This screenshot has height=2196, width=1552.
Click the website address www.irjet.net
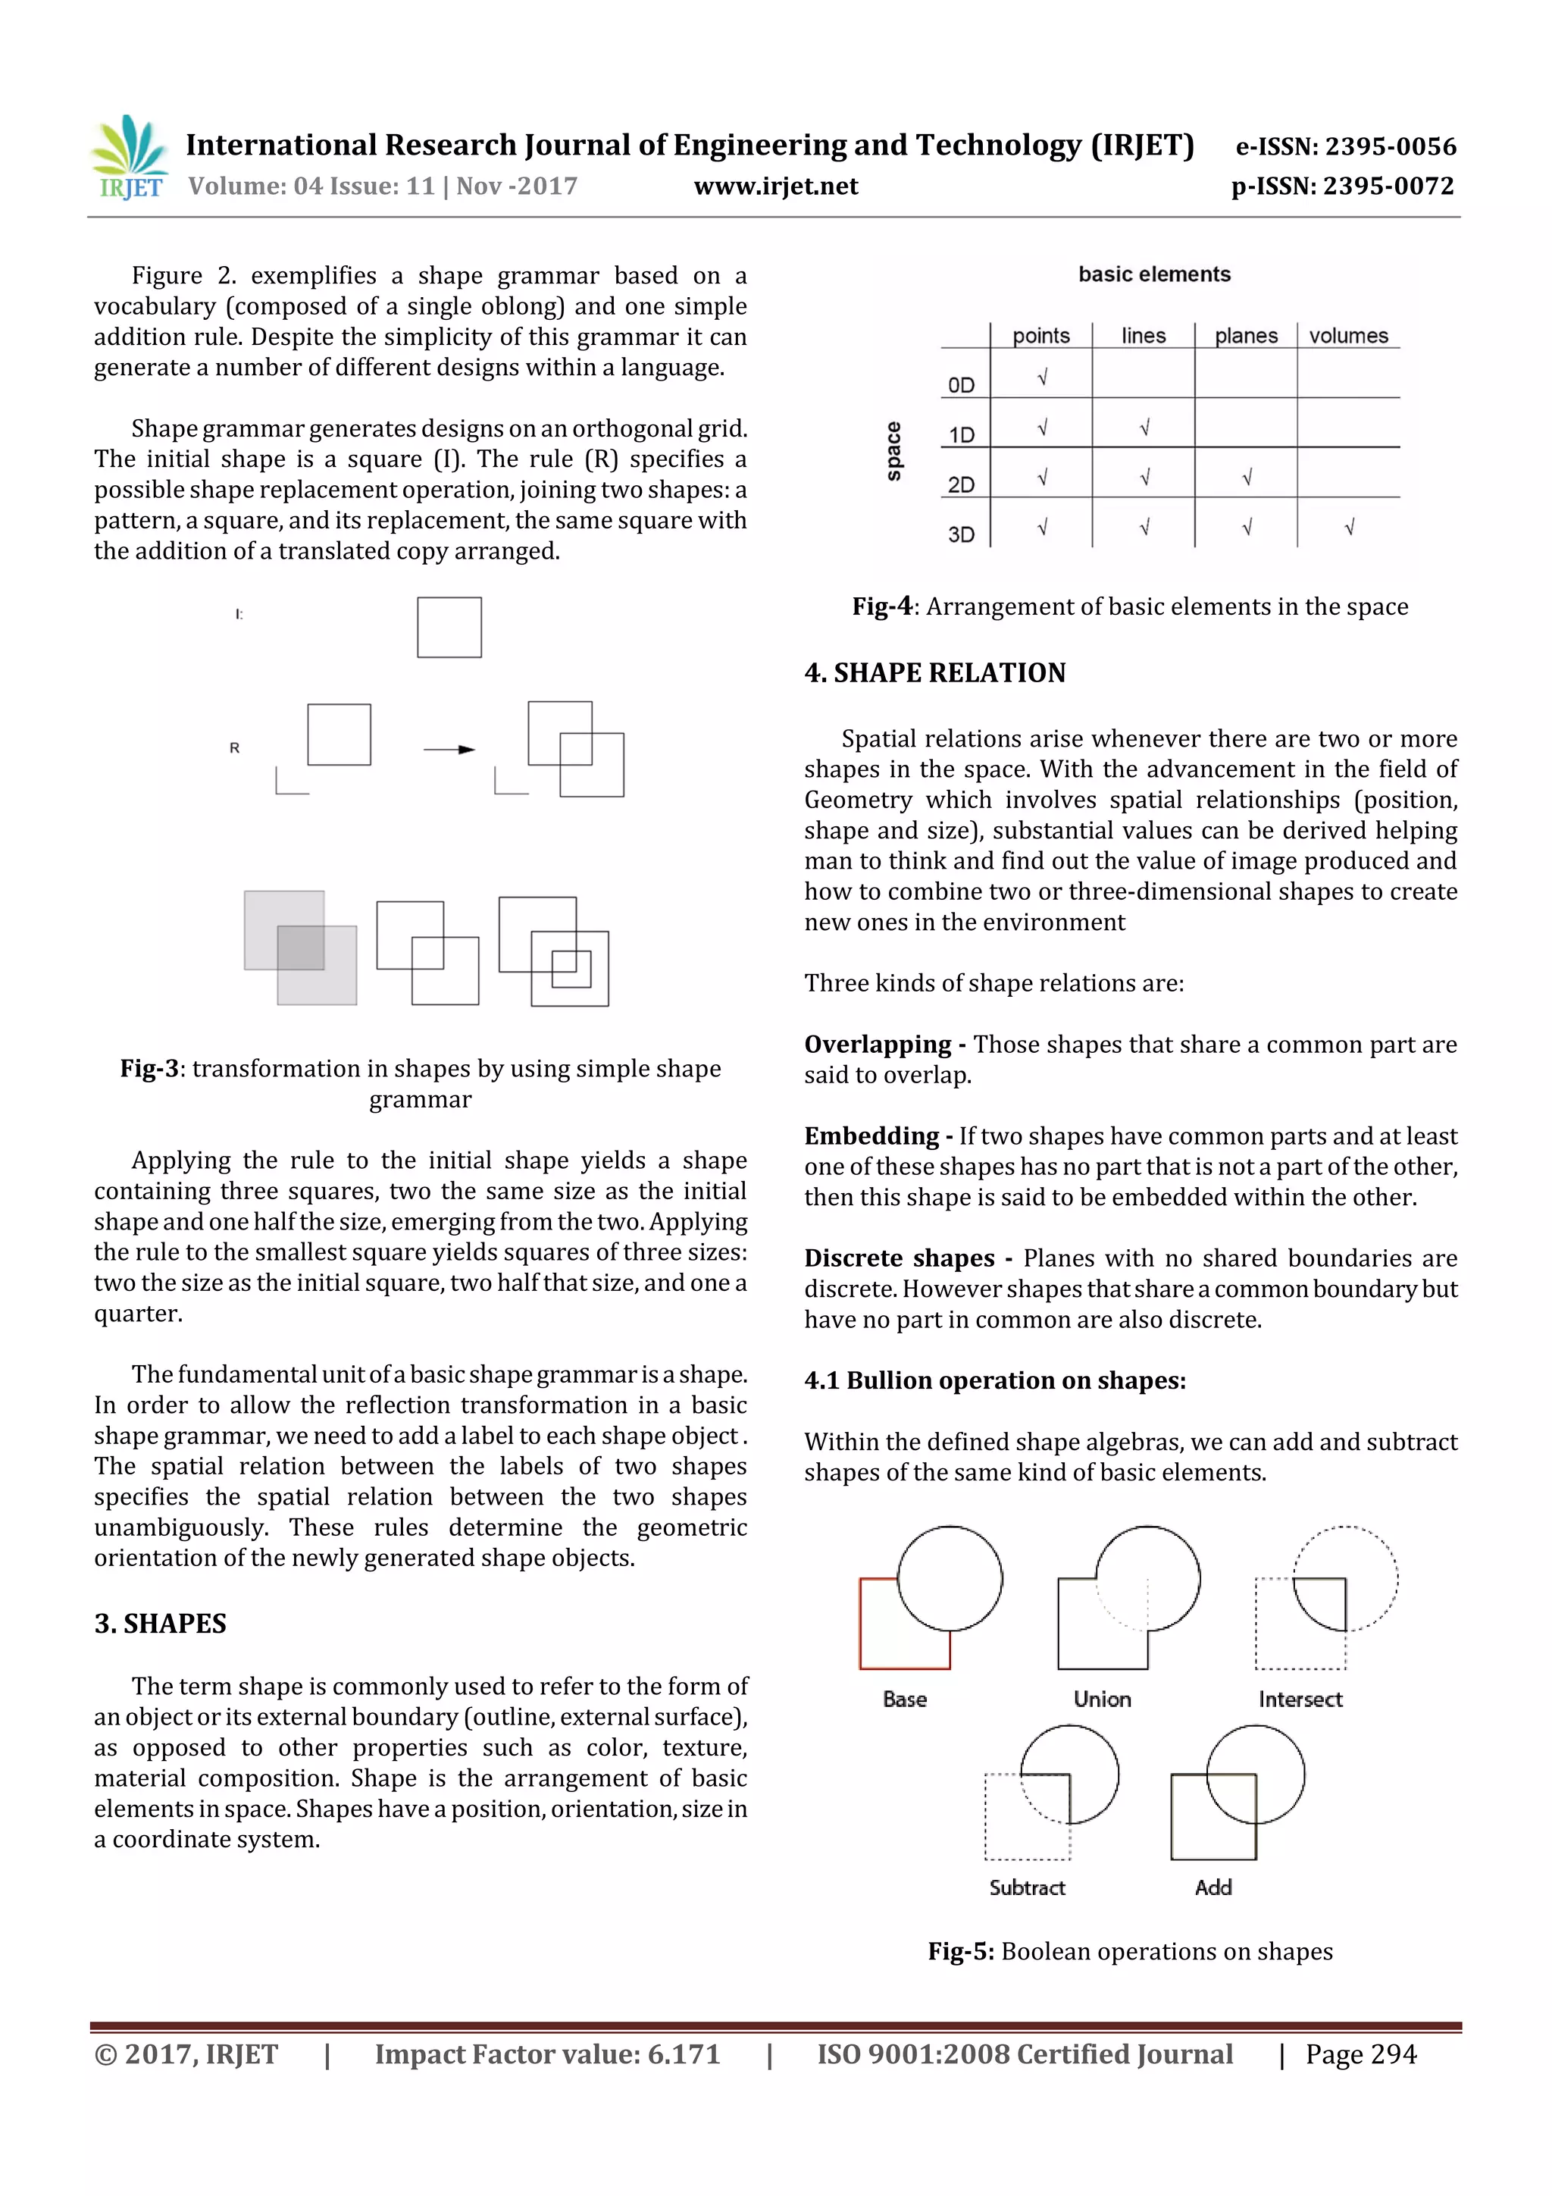(775, 186)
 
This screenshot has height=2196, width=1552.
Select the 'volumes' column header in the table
(1347, 336)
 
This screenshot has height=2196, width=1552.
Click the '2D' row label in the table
(961, 485)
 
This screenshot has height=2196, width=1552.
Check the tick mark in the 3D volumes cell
(1348, 527)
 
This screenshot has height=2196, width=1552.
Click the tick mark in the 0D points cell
(1042, 377)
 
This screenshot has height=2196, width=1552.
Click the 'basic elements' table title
(1154, 274)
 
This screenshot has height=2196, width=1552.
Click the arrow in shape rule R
(449, 749)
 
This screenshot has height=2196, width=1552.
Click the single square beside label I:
(449, 628)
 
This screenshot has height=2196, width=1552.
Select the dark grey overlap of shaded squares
(301, 948)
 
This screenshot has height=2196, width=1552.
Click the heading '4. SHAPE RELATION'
(934, 672)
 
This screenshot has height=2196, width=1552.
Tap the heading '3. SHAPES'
(161, 1623)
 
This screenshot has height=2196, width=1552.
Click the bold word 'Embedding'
(871, 1136)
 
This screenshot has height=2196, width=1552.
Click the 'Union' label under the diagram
(1102, 1699)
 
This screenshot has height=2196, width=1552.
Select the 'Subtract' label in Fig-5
(1027, 1887)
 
